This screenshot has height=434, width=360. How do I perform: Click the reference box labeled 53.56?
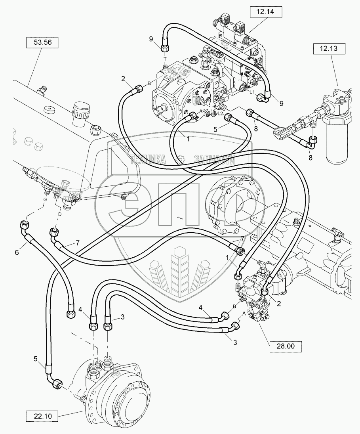coord(42,42)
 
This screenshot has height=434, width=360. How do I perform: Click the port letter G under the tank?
coord(45,199)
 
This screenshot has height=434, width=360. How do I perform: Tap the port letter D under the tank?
coord(60,214)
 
